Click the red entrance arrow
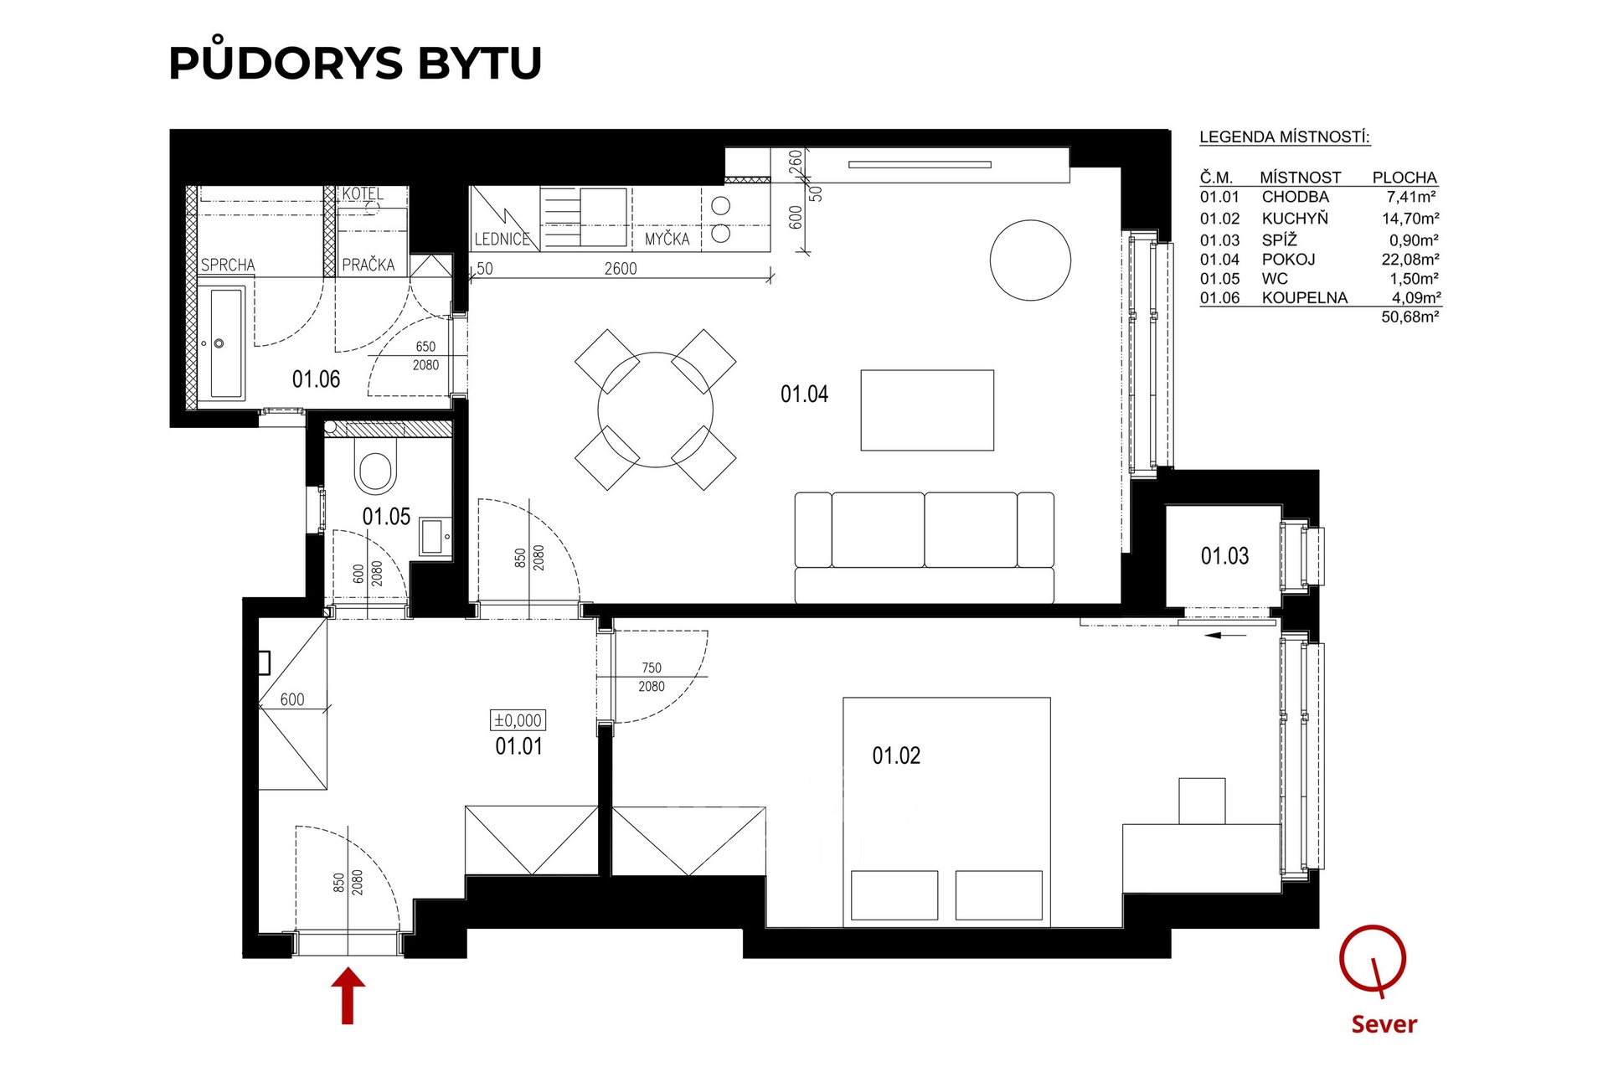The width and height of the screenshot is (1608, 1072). point(348,996)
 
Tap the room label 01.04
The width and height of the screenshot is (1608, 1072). point(804,394)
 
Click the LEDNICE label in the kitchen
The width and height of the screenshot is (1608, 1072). point(502,240)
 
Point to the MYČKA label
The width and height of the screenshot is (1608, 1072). point(667,239)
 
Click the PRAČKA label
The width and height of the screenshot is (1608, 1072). point(368,265)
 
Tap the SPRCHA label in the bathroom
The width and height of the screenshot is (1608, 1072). point(228,265)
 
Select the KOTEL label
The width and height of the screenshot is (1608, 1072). point(363,193)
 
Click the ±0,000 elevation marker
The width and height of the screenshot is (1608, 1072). point(518,720)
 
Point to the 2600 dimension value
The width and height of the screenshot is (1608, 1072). point(621,269)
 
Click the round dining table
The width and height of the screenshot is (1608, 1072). point(656,410)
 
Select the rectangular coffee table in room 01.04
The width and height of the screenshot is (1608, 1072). point(927,410)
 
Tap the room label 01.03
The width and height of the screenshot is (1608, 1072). point(1224,556)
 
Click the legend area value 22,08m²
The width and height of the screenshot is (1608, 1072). point(1410,260)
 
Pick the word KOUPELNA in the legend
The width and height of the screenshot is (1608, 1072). point(1305,298)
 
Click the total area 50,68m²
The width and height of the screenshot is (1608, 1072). point(1410,317)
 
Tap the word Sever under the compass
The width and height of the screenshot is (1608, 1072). point(1384,1024)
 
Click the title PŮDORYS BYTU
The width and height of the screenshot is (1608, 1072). point(356,62)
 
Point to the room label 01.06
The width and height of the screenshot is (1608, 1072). point(316,379)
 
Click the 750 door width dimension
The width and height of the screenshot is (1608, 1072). point(652,667)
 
